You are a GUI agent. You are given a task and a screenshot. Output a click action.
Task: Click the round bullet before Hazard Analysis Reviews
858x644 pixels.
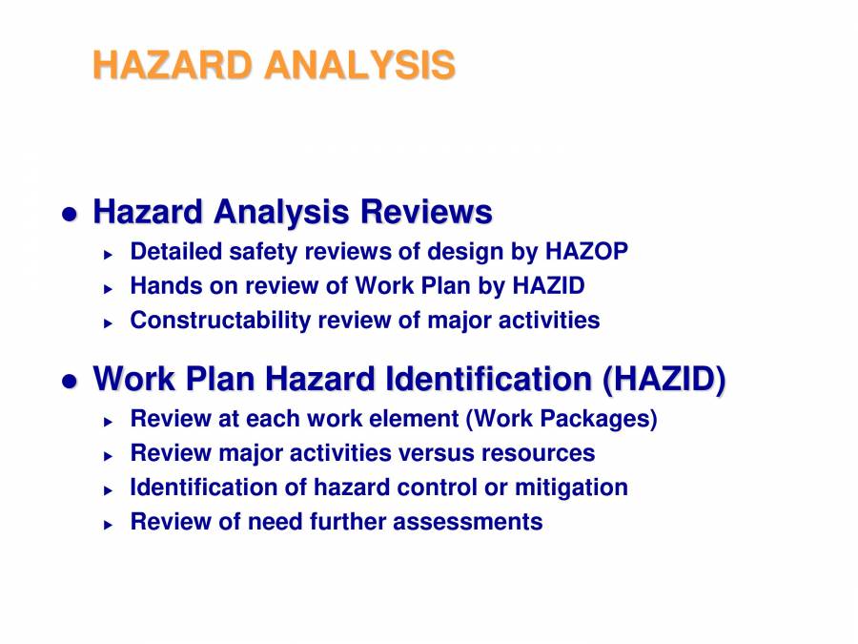(69, 215)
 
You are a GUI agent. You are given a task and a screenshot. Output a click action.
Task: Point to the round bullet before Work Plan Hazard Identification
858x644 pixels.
(69, 382)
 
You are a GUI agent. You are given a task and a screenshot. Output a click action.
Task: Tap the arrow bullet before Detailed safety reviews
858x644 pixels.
(109, 255)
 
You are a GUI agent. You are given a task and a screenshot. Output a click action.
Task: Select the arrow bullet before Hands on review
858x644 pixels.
(109, 288)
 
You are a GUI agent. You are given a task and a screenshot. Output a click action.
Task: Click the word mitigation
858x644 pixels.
(571, 488)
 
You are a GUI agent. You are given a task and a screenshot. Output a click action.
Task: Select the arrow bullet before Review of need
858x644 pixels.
(109, 525)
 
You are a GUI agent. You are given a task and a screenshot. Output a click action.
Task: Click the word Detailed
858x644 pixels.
(176, 252)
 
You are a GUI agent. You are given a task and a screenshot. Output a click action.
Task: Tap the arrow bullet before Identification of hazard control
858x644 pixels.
(109, 490)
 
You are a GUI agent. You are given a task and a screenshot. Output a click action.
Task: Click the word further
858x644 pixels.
(348, 522)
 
